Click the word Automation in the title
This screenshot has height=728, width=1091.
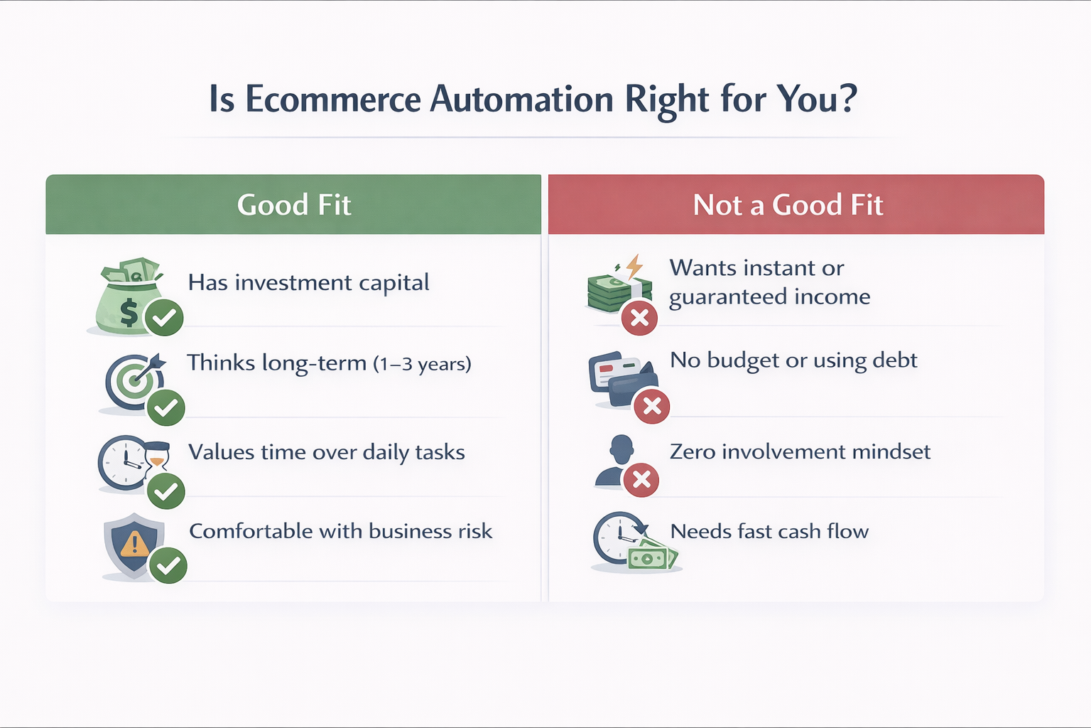pyautogui.click(x=521, y=99)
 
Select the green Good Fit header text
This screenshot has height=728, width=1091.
pyautogui.click(x=294, y=205)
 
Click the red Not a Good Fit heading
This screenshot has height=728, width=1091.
pyautogui.click(x=788, y=205)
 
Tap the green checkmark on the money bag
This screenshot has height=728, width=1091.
pyautogui.click(x=164, y=317)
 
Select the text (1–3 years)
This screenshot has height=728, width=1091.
pyautogui.click(x=422, y=364)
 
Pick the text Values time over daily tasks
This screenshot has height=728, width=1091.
pyautogui.click(x=326, y=452)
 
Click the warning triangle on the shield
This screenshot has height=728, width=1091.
pyautogui.click(x=134, y=545)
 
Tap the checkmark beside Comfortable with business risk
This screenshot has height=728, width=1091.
pyautogui.click(x=168, y=565)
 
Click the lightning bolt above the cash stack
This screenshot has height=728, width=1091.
pyautogui.click(x=634, y=267)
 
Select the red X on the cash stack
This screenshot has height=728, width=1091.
pyautogui.click(x=639, y=317)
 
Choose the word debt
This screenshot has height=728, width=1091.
pyautogui.click(x=895, y=360)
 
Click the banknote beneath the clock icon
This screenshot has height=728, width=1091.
pyautogui.click(x=650, y=557)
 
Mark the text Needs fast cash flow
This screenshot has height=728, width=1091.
pyautogui.click(x=769, y=531)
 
